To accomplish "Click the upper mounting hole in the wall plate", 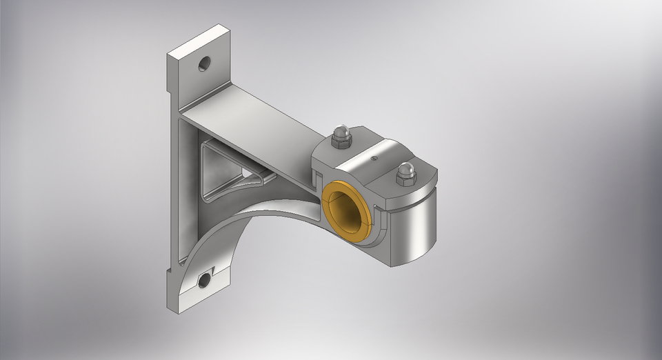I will point(205,64).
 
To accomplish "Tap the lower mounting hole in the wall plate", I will point(204,280).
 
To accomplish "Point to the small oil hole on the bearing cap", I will point(373,158).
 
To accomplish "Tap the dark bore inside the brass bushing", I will point(348,211).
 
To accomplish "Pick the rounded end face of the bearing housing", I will point(414,228).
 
